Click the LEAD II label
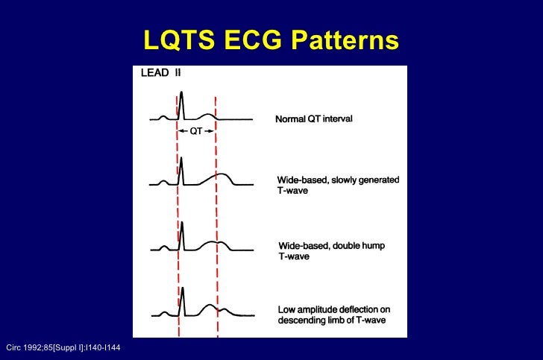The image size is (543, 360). coord(160,73)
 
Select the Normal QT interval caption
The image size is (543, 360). coord(314,119)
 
